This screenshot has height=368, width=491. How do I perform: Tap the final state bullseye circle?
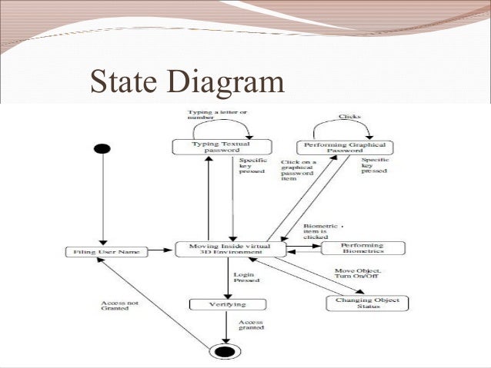click(x=225, y=351)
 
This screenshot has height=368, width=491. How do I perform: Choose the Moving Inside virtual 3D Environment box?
click(x=230, y=249)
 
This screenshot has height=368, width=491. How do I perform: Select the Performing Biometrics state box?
click(x=362, y=247)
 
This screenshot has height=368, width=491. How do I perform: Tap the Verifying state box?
click(x=219, y=305)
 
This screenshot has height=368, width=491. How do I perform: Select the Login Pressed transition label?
click(x=246, y=277)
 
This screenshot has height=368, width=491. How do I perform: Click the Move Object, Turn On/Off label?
click(x=359, y=275)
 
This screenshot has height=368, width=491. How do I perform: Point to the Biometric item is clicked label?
click(x=322, y=234)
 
